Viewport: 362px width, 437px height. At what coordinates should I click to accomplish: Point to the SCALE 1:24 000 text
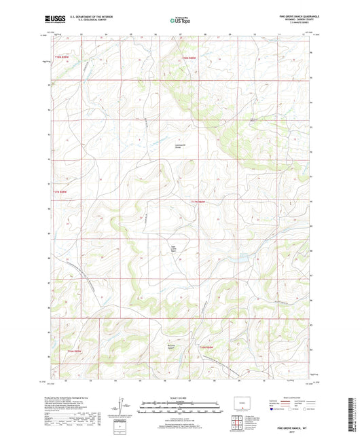tap(180, 398)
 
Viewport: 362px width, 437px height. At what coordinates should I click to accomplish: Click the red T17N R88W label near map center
tap(198, 202)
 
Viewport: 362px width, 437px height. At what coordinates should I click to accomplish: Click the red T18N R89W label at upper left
tap(62, 56)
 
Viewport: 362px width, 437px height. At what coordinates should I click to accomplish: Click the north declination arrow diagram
tap(122, 407)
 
